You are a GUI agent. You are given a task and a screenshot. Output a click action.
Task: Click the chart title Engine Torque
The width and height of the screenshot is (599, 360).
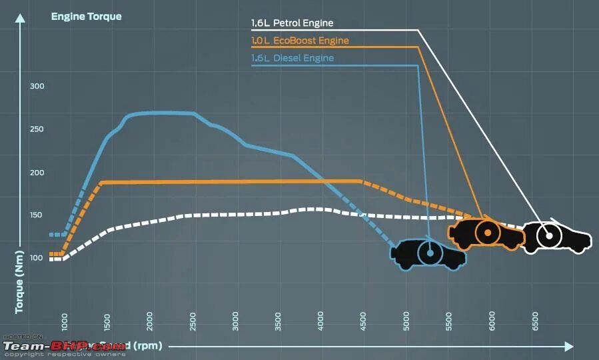pyautogui.click(x=86, y=16)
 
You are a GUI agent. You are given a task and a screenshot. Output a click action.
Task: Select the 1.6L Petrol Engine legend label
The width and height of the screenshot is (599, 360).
pyautogui.click(x=292, y=23)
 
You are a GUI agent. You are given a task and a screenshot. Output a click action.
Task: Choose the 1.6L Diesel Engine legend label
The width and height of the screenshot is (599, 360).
pyautogui.click(x=292, y=58)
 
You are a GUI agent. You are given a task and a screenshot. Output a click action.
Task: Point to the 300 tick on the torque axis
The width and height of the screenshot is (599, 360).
pyautogui.click(x=37, y=87)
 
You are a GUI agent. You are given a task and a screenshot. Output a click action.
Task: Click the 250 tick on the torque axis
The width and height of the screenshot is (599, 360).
pyautogui.click(x=37, y=129)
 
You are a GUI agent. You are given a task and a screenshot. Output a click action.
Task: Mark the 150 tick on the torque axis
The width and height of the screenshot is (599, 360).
pyautogui.click(x=37, y=215)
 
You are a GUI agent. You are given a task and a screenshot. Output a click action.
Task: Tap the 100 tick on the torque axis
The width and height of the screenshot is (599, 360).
pyautogui.click(x=37, y=258)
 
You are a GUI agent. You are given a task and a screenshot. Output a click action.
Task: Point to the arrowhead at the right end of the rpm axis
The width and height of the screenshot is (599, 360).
pyautogui.click(x=568, y=346)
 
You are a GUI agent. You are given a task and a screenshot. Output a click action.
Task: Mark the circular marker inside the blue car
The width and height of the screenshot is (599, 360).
pyautogui.click(x=430, y=253)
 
